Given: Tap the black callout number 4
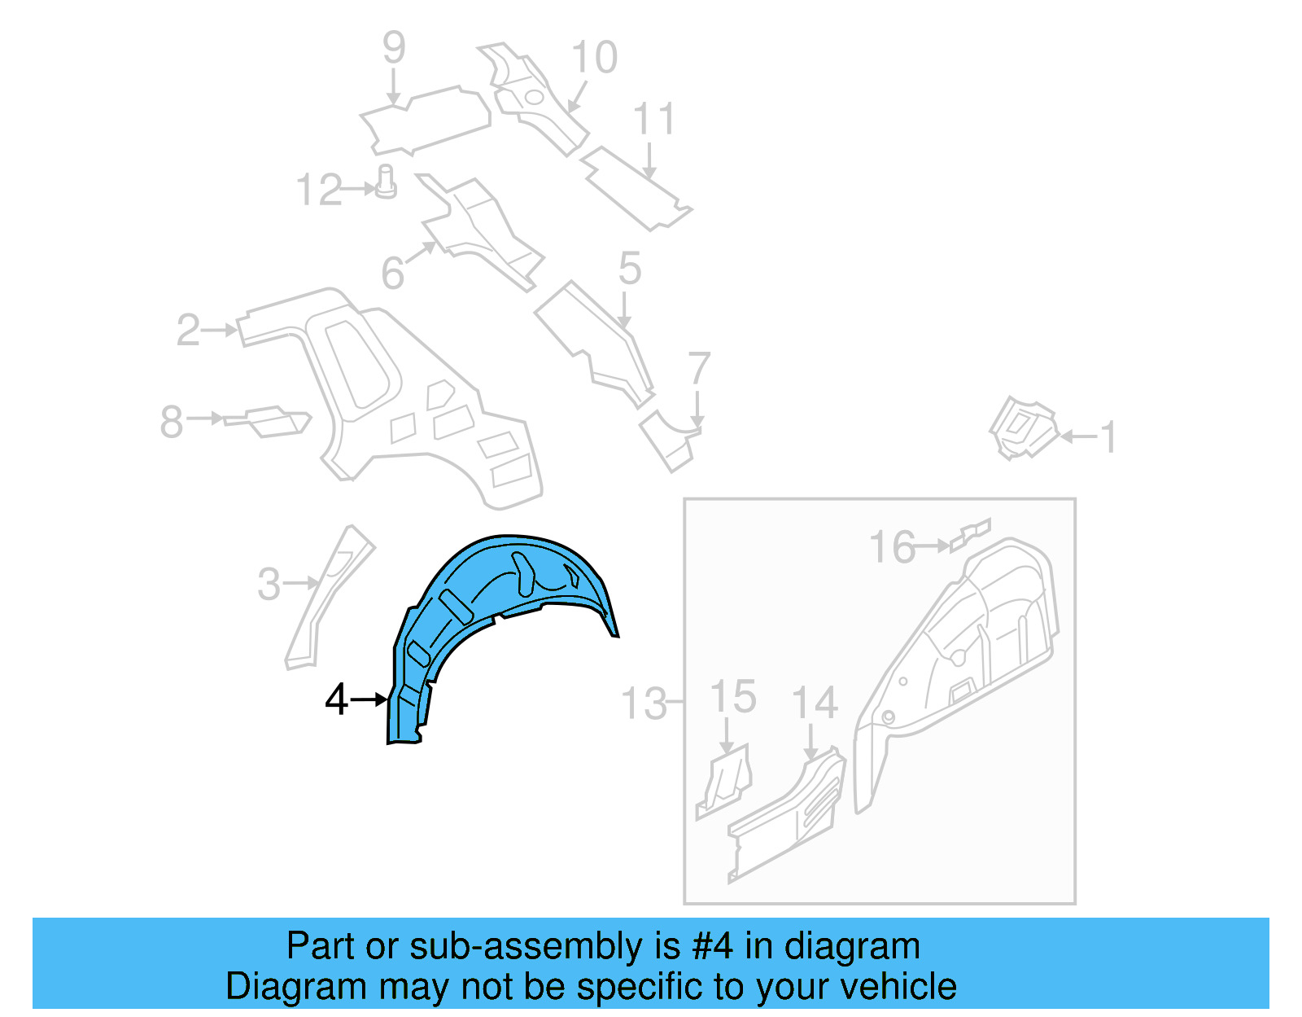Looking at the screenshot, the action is [x=336, y=700].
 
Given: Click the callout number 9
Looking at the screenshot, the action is [x=394, y=48].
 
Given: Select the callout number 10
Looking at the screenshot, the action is [x=594, y=58].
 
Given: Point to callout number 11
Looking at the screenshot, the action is [x=654, y=120].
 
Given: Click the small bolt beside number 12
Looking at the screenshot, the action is [x=387, y=182].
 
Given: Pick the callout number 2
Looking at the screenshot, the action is [x=188, y=330].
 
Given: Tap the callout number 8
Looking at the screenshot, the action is [x=172, y=422].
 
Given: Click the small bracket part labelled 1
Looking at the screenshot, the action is [x=1023, y=427].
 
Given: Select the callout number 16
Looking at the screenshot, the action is [x=892, y=547].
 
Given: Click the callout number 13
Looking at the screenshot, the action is [x=644, y=704].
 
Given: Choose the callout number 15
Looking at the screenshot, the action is [x=732, y=698].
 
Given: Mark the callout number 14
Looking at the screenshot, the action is [x=815, y=704].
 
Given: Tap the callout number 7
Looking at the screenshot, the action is [x=699, y=369].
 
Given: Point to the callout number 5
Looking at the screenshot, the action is [x=630, y=268].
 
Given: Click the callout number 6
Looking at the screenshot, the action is [x=393, y=273].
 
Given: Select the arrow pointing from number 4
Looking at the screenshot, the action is [x=370, y=699].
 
